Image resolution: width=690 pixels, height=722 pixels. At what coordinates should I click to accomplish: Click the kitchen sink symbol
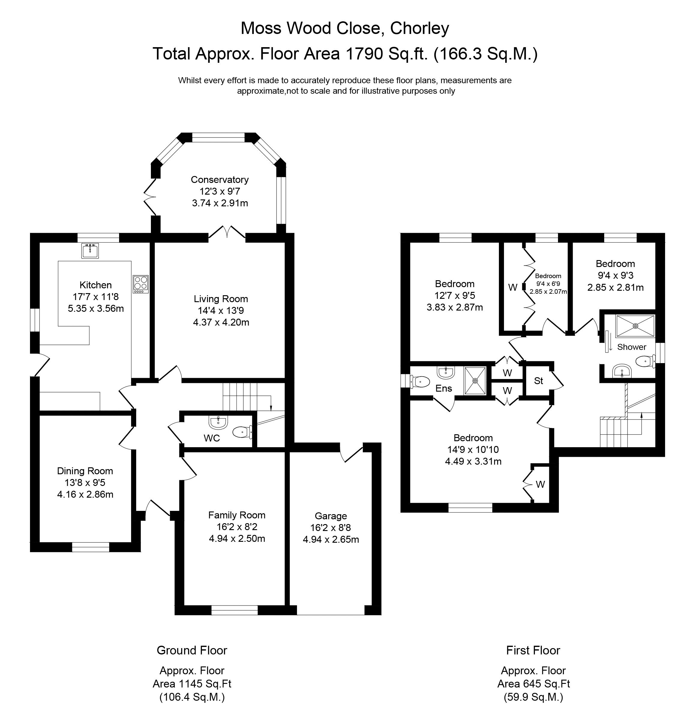90,251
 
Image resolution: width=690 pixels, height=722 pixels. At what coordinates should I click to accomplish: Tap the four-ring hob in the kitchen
141,284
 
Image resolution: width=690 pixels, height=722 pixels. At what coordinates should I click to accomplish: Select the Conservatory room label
220,180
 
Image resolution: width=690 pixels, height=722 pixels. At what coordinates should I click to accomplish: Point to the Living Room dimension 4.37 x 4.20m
221,323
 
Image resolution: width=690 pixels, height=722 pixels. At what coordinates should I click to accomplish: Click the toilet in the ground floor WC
243,432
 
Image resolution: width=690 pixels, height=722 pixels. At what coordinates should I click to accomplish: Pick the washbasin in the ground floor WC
218,422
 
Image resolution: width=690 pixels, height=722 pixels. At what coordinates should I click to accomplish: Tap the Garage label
331,516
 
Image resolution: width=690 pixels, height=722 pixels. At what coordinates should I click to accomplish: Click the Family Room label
236,515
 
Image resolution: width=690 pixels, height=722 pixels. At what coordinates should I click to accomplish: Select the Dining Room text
85,471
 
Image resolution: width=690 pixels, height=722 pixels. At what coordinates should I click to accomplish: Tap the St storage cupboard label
538,381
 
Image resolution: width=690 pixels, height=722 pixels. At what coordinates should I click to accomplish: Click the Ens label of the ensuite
444,388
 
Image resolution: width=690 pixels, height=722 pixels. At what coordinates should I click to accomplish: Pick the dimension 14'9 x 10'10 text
473,450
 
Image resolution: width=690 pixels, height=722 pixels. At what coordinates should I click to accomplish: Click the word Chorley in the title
420,28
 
